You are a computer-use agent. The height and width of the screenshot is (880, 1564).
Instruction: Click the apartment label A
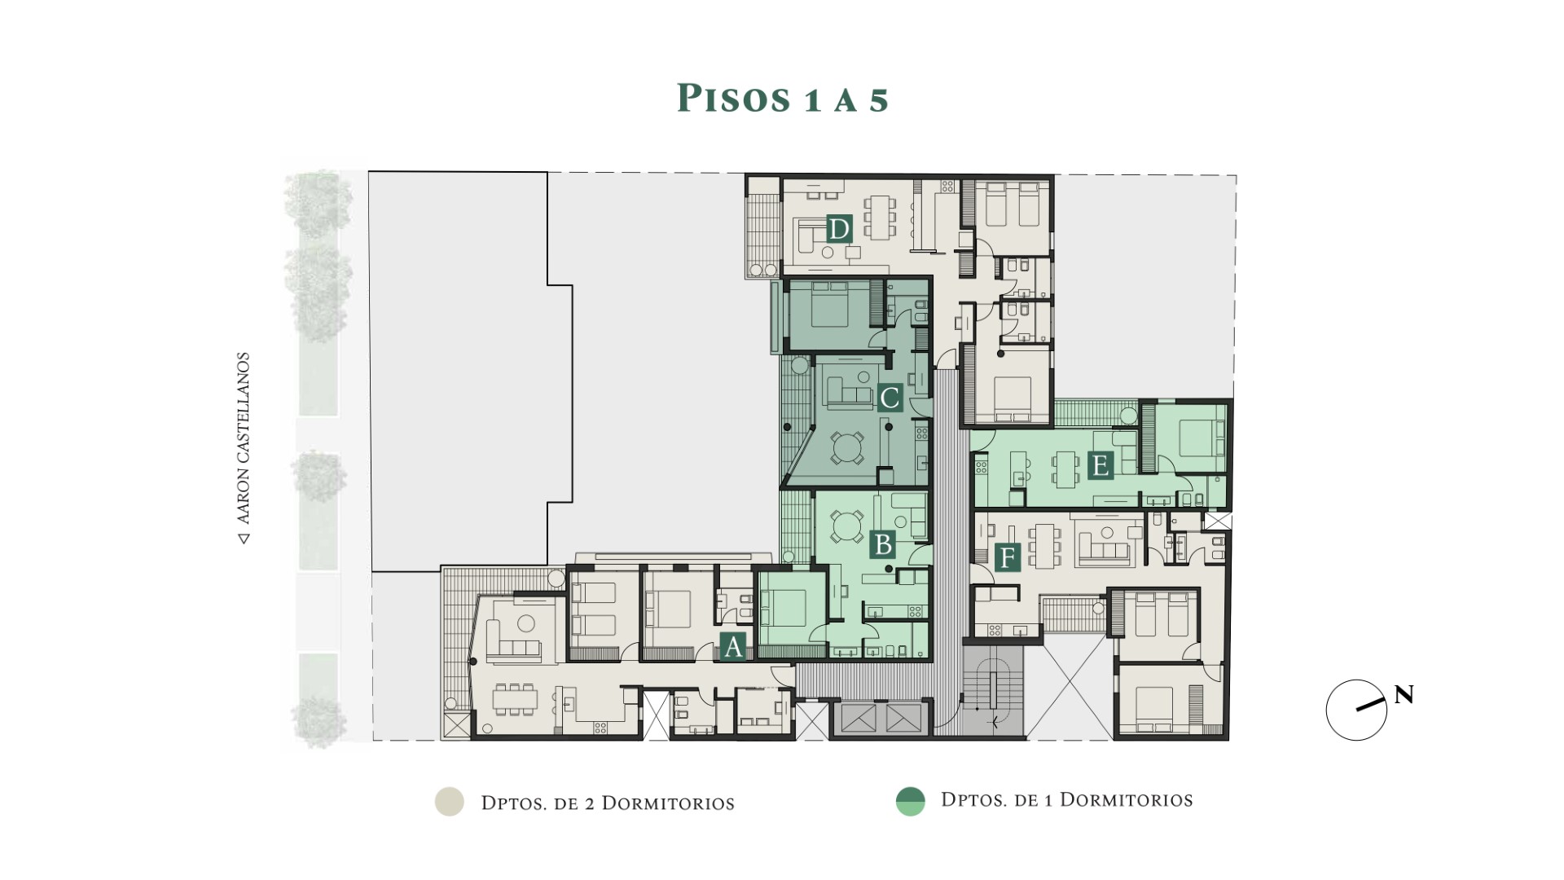coord(732,647)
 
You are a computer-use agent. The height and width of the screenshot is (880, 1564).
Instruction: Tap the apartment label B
coord(882,543)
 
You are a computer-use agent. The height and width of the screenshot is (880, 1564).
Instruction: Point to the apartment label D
coord(839,229)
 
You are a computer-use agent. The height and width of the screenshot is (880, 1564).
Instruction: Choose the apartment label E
coord(1100,466)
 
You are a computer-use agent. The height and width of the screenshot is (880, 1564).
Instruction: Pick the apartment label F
coord(1007,559)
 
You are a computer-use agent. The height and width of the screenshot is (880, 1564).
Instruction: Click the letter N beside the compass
coord(1404,695)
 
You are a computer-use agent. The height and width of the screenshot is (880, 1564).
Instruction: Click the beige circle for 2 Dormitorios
coord(449,802)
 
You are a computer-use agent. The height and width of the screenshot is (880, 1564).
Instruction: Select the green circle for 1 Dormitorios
coord(910,802)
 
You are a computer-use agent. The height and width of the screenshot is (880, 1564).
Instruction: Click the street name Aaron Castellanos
coord(243,448)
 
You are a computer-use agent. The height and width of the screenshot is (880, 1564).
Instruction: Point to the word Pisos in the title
coord(734,98)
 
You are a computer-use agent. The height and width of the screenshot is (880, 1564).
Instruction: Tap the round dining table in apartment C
coord(847,447)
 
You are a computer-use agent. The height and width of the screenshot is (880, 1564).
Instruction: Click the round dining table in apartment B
coord(847,526)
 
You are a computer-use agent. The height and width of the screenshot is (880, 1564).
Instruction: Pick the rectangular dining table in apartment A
coord(515,699)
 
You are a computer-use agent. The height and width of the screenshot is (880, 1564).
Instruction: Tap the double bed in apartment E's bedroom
coord(1197,440)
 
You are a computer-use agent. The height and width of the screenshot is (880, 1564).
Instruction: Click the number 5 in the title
coord(877,99)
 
